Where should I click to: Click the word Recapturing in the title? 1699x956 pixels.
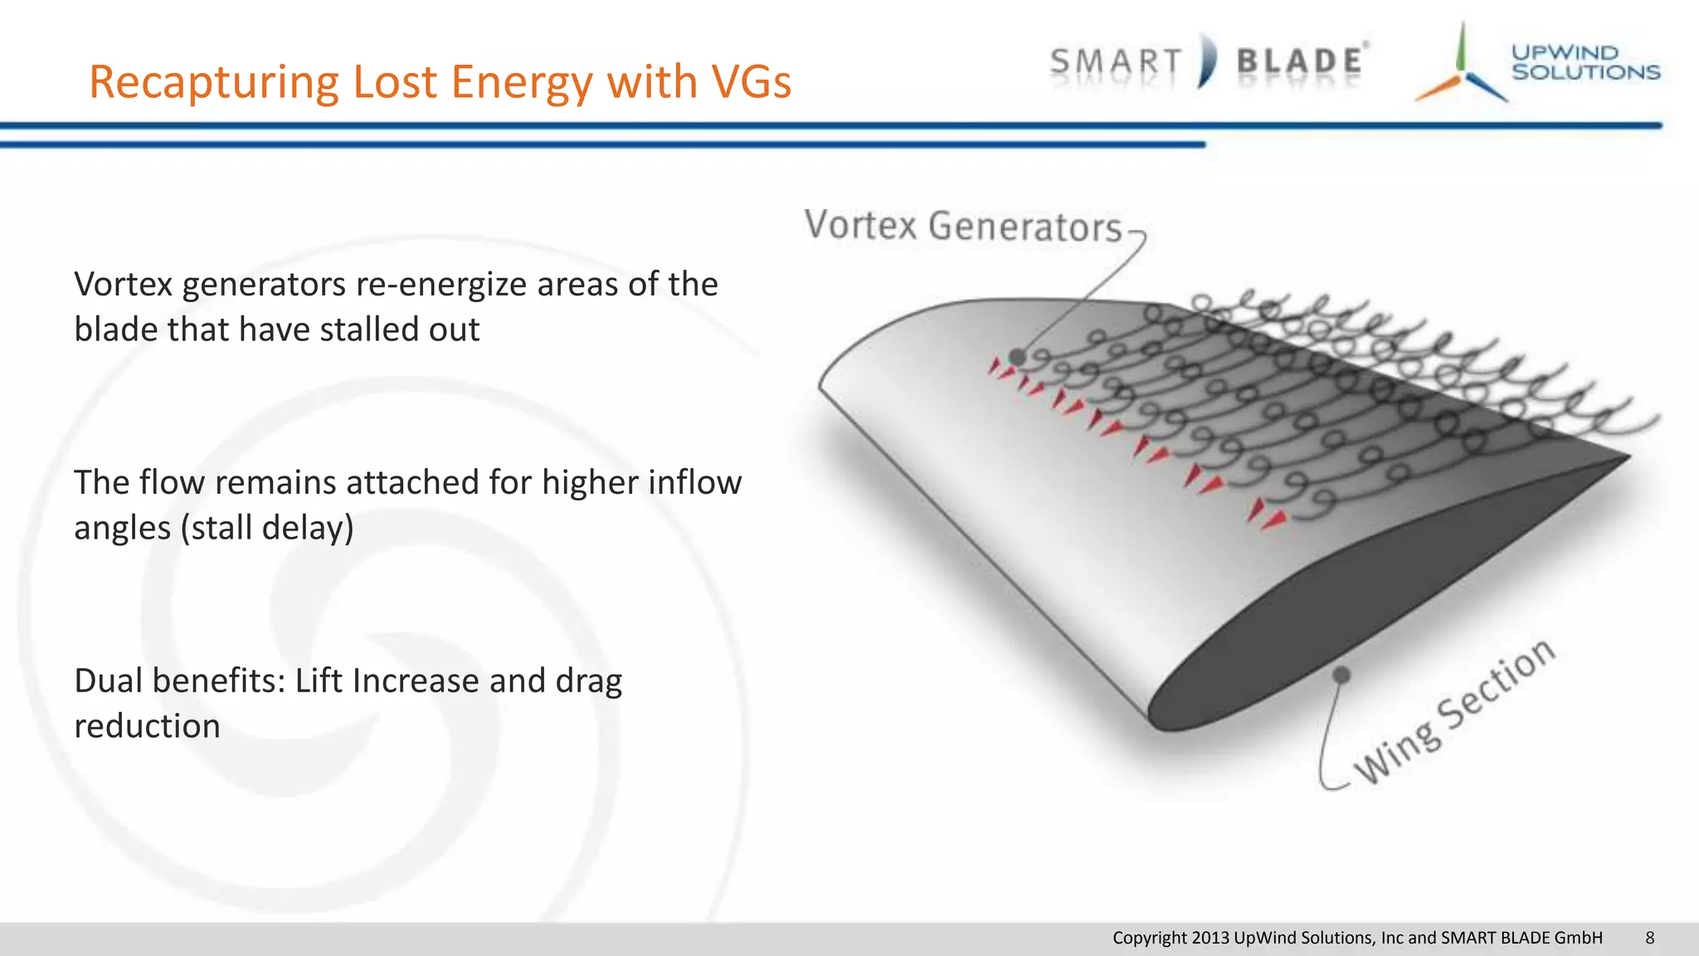tap(215, 82)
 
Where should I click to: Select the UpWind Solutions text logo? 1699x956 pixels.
tap(1585, 62)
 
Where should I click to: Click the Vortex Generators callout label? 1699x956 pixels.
tap(962, 227)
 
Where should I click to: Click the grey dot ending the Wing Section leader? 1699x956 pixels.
tap(1341, 675)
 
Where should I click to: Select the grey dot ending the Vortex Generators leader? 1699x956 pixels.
tap(1017, 358)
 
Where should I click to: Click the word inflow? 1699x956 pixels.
tap(694, 483)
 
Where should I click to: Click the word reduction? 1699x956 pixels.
tap(147, 727)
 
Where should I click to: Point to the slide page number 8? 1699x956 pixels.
tap(1649, 938)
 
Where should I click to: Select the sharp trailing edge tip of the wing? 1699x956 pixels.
tap(1628, 456)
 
